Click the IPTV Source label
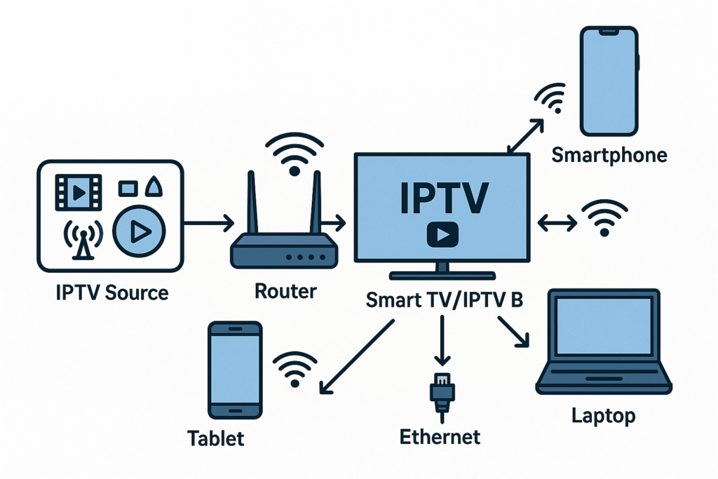tap(112, 292)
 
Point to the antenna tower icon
tap(82, 241)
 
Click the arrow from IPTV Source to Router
tap(210, 224)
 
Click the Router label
tap(285, 290)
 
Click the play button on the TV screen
tap(442, 235)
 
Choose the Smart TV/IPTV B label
tap(445, 299)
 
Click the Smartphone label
tap(609, 155)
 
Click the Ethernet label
tap(440, 437)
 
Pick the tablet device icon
tap(235, 371)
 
